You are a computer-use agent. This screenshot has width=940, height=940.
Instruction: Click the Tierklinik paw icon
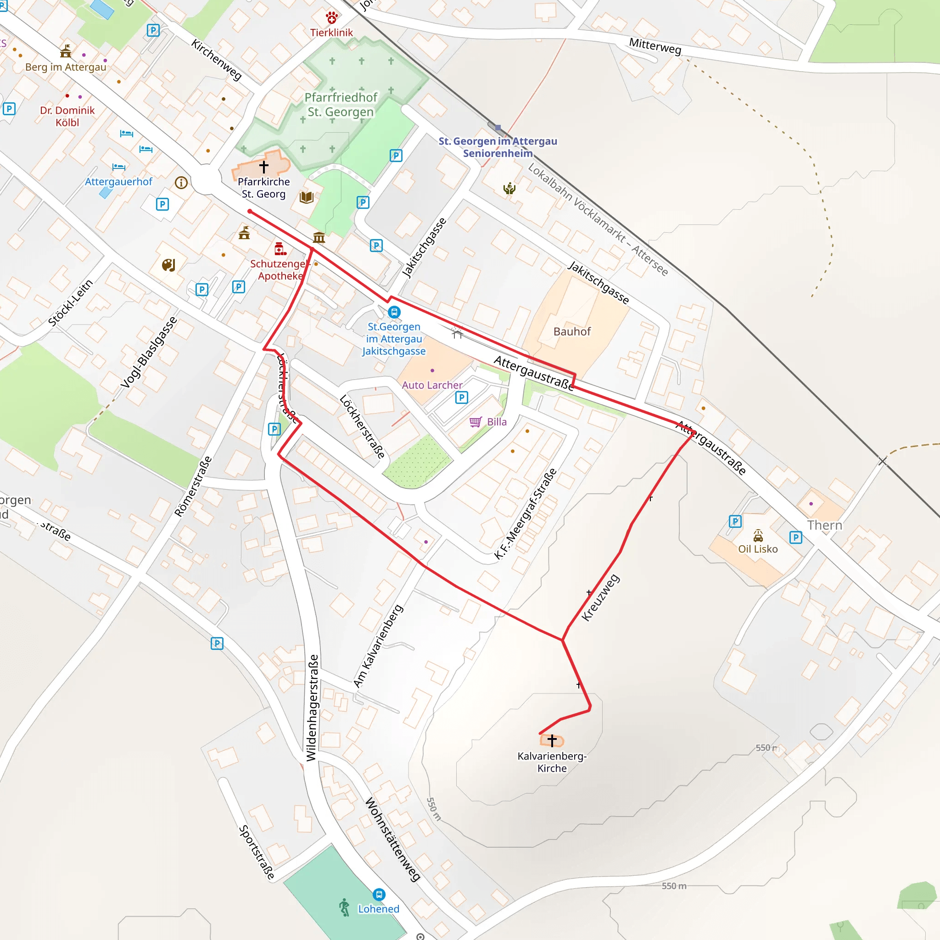[x=332, y=18]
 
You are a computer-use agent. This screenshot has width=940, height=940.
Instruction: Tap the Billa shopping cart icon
[x=476, y=422]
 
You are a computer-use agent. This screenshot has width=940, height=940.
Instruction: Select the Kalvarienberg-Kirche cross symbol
[x=552, y=740]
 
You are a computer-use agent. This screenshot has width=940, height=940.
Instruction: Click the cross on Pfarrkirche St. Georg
[x=264, y=167]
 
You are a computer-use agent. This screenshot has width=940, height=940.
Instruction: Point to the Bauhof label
[x=572, y=331]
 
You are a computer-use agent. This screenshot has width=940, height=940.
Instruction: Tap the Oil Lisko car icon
[x=758, y=536]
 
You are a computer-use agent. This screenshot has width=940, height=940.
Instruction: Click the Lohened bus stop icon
[x=379, y=894]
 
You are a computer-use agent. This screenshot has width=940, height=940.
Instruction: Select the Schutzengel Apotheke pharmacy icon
[x=280, y=249]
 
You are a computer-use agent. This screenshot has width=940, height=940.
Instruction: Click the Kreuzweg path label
[x=601, y=598]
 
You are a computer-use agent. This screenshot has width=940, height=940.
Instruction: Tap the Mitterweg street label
[x=655, y=46]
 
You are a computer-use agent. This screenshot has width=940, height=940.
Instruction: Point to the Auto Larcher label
[x=432, y=385]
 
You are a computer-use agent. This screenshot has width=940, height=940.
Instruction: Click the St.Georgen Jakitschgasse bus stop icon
[x=394, y=312]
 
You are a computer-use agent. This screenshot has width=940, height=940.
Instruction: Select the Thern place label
[x=825, y=525]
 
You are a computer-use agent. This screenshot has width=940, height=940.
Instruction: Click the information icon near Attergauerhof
[x=181, y=183]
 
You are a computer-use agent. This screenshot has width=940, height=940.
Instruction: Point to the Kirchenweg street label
[x=217, y=59]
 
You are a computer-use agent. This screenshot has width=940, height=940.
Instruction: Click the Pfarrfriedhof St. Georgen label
[x=341, y=105]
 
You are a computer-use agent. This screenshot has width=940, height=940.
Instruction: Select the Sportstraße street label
[x=257, y=852]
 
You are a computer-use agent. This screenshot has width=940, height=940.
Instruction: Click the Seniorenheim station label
[x=498, y=147]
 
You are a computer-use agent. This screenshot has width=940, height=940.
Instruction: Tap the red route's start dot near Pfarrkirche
[x=250, y=211]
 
